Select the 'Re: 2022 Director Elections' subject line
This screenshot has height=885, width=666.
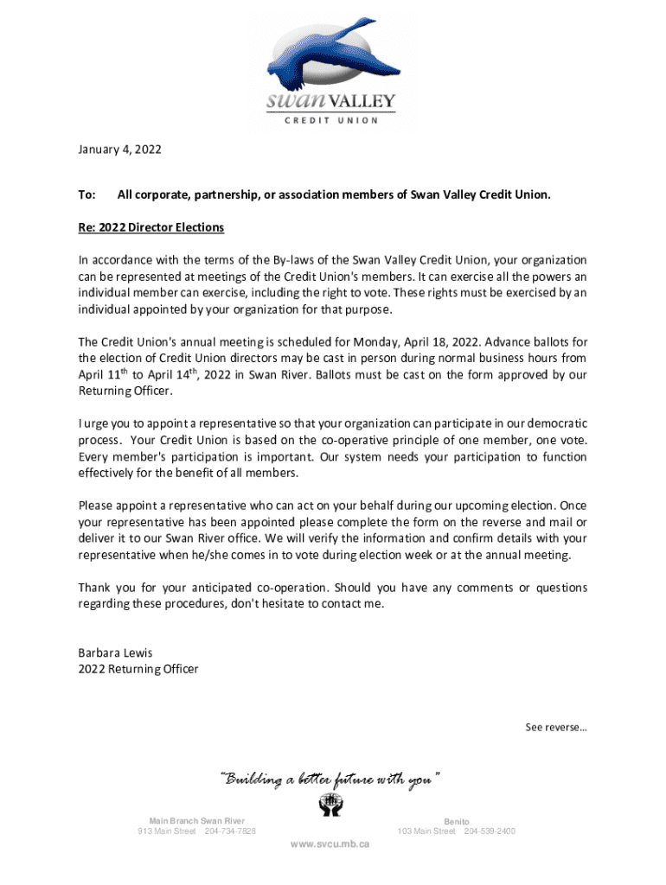click(x=151, y=227)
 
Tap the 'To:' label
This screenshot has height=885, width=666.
click(x=86, y=195)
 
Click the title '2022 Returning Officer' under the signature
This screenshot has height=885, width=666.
click(x=138, y=669)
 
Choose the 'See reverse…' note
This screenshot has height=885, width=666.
click(x=556, y=727)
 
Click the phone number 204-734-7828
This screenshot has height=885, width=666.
click(x=230, y=831)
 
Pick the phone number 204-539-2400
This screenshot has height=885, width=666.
click(x=490, y=831)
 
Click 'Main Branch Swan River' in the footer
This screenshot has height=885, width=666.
click(x=196, y=821)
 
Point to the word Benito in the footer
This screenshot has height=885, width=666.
click(x=457, y=821)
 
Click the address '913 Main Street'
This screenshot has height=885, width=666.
click(x=167, y=831)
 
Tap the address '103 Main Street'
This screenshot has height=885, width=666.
click(x=426, y=831)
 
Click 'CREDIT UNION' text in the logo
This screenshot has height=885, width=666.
click(x=331, y=120)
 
